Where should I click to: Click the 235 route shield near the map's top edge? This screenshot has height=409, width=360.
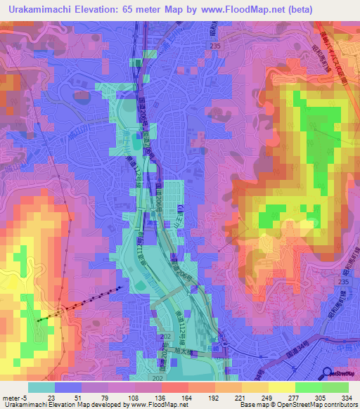214,46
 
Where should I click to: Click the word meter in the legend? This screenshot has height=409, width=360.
11,397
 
